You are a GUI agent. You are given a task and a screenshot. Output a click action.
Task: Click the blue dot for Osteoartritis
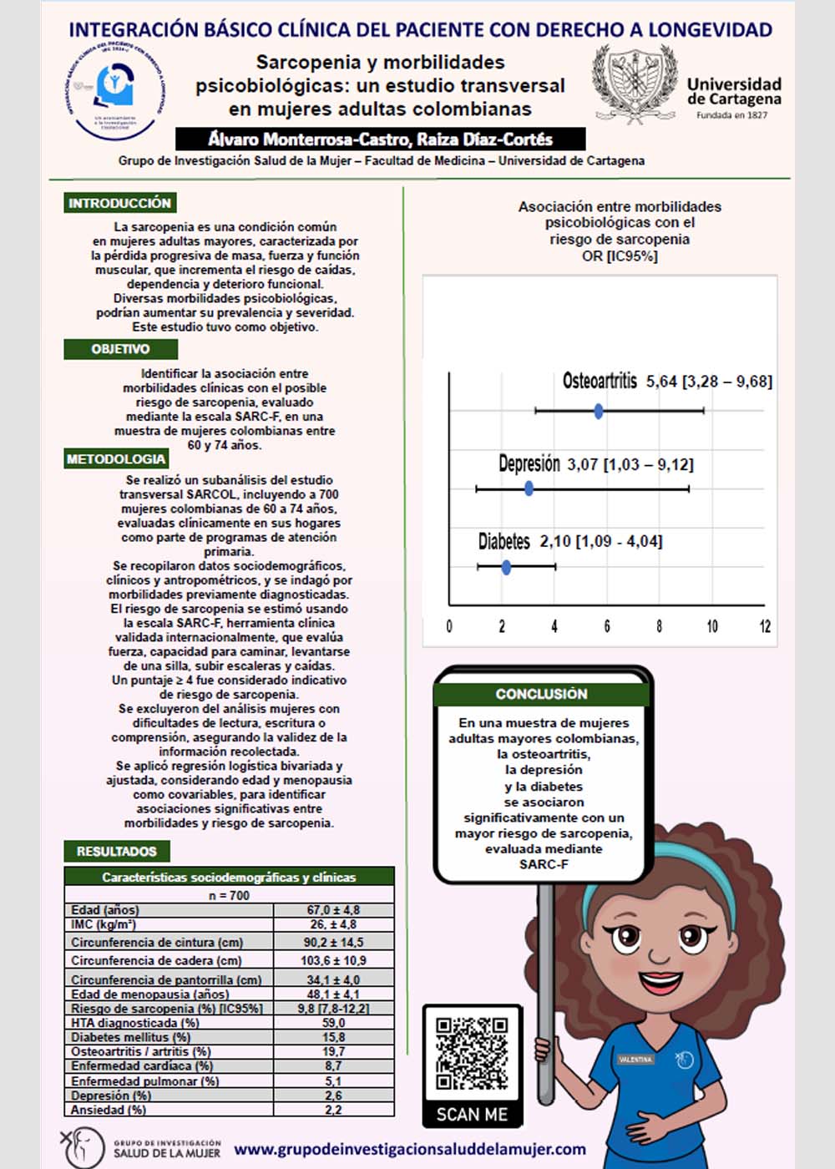click(599, 411)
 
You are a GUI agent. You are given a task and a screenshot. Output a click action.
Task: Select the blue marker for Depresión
click(529, 488)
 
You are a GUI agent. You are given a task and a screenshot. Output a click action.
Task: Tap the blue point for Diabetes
click(506, 568)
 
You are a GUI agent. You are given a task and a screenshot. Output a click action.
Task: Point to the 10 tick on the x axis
click(712, 626)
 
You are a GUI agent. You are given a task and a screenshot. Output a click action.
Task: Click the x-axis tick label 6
click(607, 626)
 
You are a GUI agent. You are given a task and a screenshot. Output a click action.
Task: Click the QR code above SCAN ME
click(472, 1054)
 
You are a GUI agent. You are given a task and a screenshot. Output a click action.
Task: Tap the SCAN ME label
click(472, 1115)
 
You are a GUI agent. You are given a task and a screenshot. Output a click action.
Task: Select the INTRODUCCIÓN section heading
click(119, 203)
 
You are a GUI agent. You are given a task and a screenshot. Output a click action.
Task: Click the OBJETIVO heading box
click(120, 349)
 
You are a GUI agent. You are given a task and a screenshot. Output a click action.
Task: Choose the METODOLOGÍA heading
click(116, 459)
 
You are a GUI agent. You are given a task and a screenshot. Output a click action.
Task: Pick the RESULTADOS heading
click(117, 852)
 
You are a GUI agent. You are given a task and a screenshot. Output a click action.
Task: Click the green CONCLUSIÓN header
click(541, 694)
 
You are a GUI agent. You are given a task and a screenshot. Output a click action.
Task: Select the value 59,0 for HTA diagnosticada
click(333, 1023)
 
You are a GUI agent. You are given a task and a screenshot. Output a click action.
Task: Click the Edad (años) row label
click(105, 909)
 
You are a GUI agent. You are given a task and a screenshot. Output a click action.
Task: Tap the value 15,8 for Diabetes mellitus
click(333, 1037)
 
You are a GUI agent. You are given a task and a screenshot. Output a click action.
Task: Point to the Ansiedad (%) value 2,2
click(333, 1110)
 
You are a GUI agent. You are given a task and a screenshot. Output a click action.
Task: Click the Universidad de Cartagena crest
click(633, 83)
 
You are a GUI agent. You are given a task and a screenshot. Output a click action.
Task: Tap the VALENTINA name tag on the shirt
click(635, 1059)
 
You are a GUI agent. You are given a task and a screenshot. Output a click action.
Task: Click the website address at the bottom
click(409, 1149)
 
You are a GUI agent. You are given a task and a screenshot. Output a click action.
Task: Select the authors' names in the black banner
click(380, 139)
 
